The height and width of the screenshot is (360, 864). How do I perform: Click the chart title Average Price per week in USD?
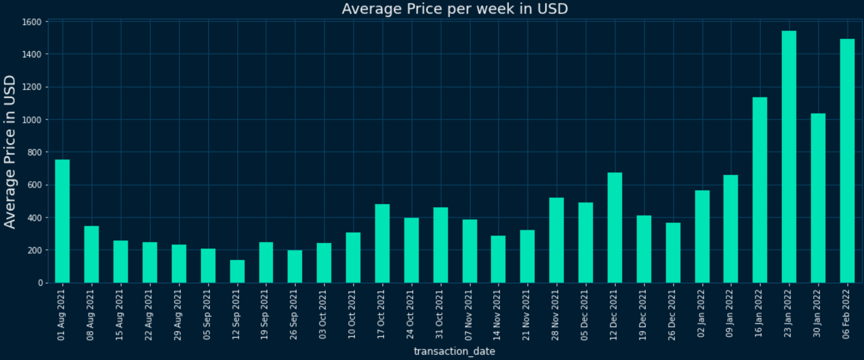pos(454,9)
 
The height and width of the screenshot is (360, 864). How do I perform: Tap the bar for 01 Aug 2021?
pos(62,221)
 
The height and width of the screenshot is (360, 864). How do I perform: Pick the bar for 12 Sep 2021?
pos(237,271)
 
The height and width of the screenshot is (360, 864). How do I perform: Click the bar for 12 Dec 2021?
pos(615,228)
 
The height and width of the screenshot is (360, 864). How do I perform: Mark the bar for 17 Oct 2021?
pos(382,243)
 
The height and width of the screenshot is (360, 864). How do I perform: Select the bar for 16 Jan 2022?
pos(759,190)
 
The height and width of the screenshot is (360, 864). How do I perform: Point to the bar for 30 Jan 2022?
pos(818,198)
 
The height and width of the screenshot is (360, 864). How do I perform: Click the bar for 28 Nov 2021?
pos(557,240)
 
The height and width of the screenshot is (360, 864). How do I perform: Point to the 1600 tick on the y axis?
pos(32,22)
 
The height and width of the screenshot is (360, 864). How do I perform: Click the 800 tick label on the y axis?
pos(34,152)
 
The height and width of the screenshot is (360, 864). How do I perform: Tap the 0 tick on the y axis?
pos(40,283)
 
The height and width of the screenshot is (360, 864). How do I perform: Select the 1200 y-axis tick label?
pos(32,87)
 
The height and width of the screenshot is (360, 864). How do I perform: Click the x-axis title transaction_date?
pos(454,351)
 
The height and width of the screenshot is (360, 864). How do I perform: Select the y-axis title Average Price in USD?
pos(10,152)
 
